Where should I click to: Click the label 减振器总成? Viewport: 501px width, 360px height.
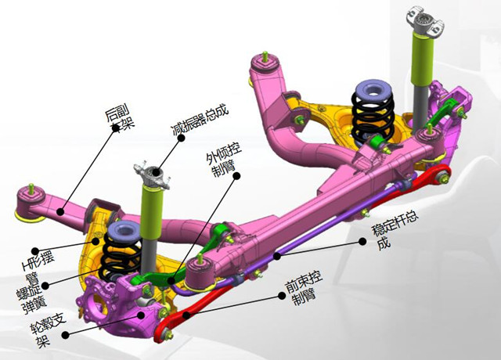[200, 121]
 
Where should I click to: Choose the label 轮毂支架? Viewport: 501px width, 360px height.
[48, 330]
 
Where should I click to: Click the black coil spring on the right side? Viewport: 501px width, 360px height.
[373, 116]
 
